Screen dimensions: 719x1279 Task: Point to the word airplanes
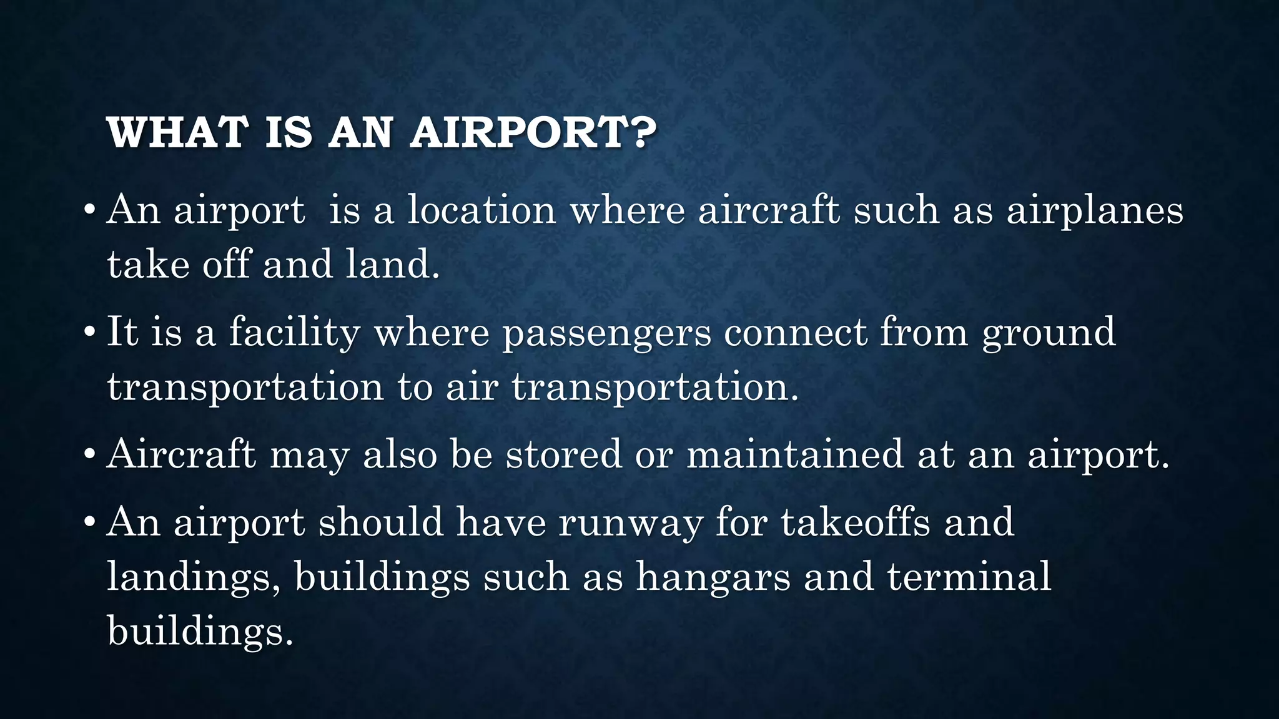pos(1095,211)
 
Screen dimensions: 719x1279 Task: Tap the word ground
pos(1049,333)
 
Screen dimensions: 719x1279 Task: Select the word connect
pos(796,332)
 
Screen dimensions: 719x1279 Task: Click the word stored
pos(563,454)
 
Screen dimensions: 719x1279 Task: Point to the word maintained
pos(795,454)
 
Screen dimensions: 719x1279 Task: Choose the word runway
pos(630,523)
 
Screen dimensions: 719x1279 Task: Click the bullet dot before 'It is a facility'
pos(90,331)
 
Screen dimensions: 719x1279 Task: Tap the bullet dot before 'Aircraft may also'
pos(90,454)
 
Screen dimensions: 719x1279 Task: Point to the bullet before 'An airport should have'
pos(90,521)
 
